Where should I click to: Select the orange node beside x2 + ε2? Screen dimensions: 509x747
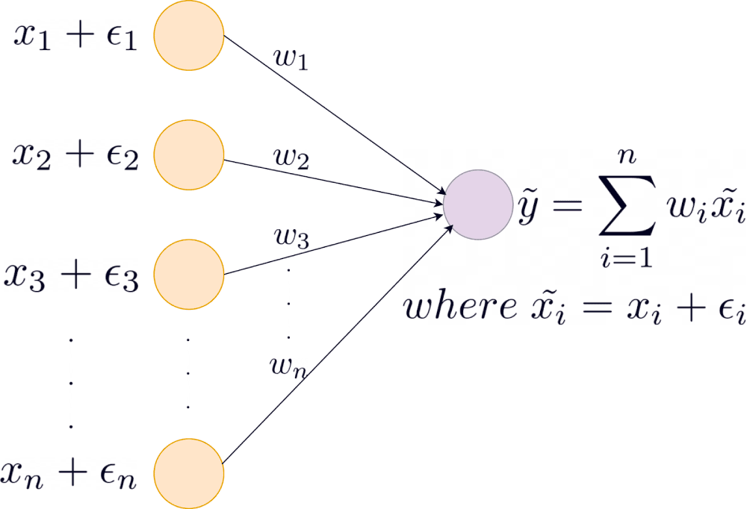[189, 156]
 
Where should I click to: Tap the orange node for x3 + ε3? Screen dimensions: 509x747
[189, 273]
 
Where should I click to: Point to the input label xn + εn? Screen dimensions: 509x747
[69, 473]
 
